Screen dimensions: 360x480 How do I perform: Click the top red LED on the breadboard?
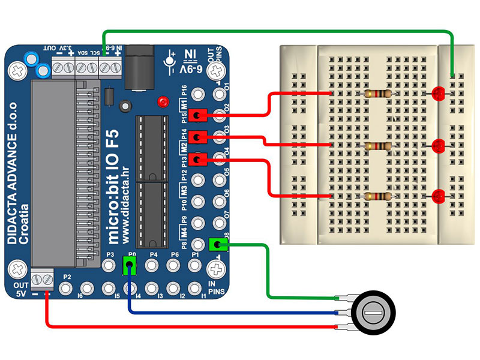tap(438, 92)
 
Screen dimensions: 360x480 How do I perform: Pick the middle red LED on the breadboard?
tap(438, 145)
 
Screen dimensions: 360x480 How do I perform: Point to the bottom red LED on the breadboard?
tap(438, 196)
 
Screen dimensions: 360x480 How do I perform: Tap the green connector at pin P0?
tap(129, 264)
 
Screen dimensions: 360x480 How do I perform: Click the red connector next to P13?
tap(197, 159)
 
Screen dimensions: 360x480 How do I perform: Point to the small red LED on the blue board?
tap(162, 101)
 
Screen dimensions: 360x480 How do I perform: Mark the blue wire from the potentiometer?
tap(228, 312)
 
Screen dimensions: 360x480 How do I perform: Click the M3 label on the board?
tap(184, 190)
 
